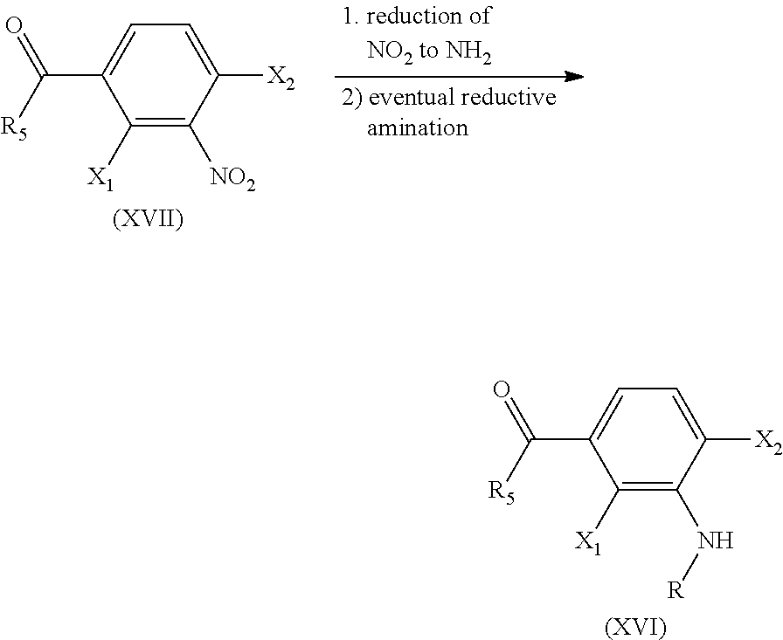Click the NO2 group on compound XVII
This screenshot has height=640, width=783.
[232, 178]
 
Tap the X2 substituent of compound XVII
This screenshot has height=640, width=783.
[281, 79]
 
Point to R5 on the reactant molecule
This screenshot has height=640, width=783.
[13, 129]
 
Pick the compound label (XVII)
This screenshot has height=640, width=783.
[148, 219]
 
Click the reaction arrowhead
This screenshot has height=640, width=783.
[573, 77]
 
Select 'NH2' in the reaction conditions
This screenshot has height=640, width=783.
[468, 52]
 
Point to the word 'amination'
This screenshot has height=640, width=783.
[418, 127]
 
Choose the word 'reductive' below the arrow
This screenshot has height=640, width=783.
[509, 97]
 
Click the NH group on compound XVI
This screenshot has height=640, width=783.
[715, 540]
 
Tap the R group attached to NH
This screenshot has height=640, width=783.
[676, 591]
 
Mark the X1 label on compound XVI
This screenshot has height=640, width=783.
[588, 542]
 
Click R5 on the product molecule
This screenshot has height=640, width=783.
[501, 493]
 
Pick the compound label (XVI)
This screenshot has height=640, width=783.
[635, 628]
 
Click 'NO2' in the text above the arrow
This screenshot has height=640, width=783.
[391, 52]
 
